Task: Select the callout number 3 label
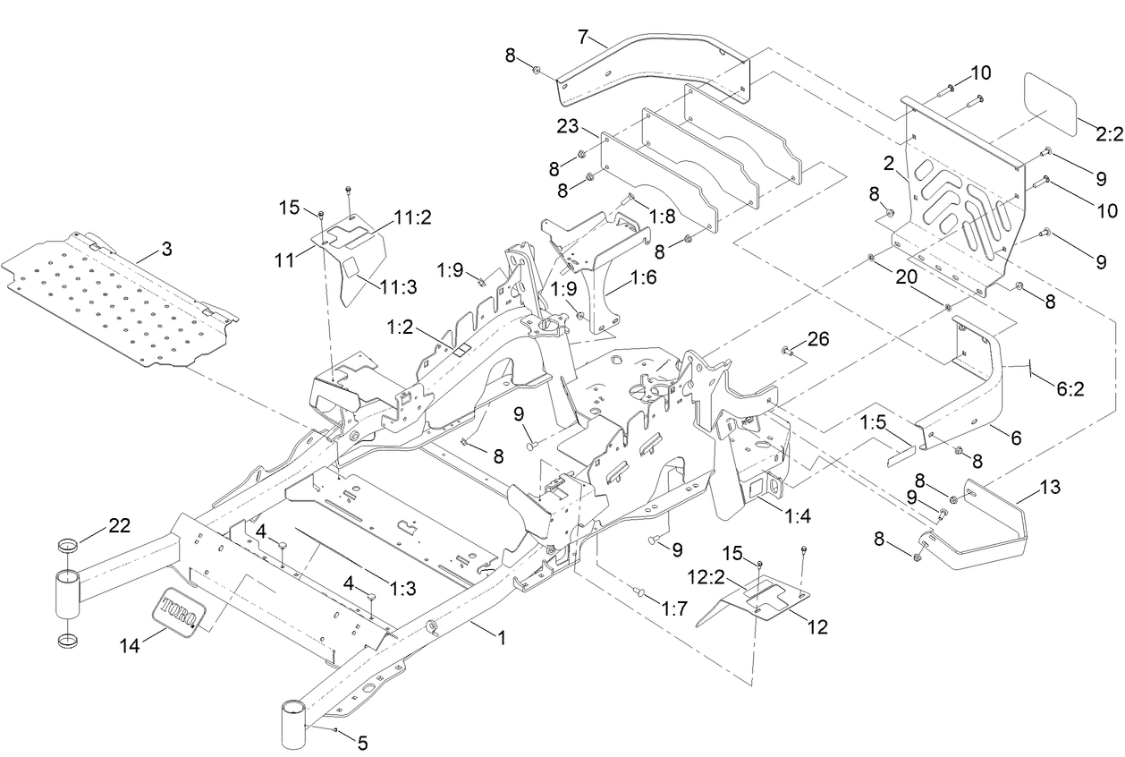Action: (x=167, y=249)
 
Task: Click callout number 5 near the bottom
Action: (x=361, y=742)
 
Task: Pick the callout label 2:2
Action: (x=1108, y=133)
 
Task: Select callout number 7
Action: (x=583, y=37)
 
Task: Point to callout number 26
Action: (x=817, y=338)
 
